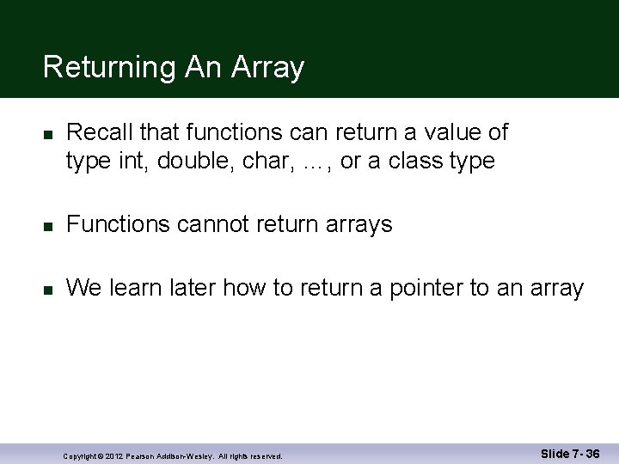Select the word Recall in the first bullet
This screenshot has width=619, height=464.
96,132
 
